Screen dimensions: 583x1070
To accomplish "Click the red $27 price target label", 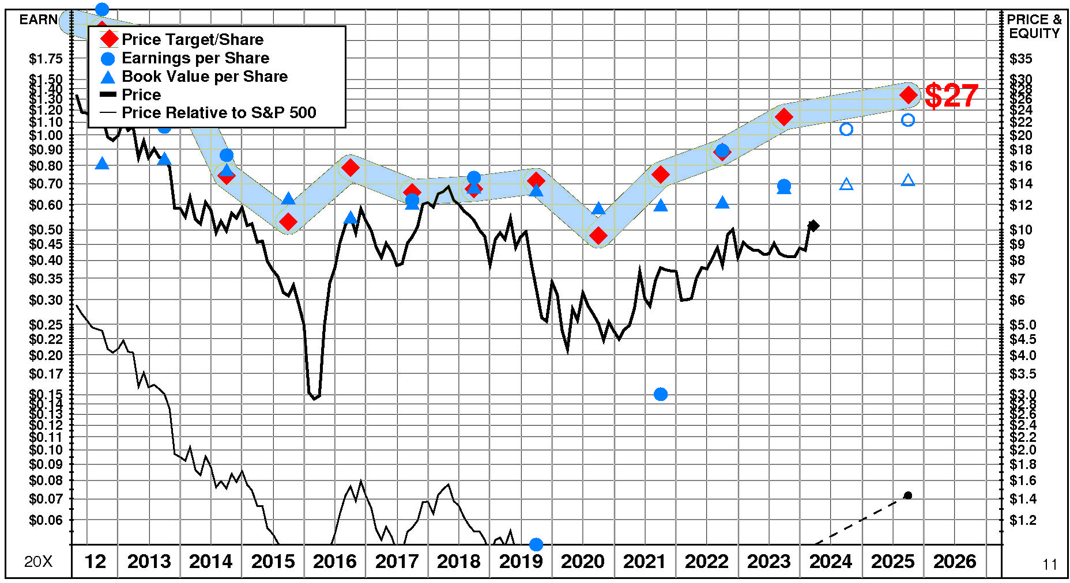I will point(951,96).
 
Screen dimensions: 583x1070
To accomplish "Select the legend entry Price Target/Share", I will point(192,39).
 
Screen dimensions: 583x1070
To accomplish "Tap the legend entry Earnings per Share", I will point(195,58).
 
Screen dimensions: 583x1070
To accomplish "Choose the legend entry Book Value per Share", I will point(204,77).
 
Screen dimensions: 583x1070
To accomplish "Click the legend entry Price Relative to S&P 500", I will point(218,113).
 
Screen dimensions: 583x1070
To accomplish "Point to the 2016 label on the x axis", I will point(334,561).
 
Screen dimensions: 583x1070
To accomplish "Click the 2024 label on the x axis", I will point(830,561).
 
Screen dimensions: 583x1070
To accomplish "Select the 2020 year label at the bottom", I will point(582,561).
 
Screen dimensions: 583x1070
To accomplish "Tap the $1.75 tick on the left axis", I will point(46,59).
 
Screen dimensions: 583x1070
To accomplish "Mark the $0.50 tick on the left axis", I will point(46,230).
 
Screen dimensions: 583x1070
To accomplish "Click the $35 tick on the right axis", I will point(1021,59).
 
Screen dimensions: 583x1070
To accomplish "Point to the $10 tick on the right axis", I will point(1021,230).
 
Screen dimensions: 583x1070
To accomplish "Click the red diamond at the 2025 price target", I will point(909,95).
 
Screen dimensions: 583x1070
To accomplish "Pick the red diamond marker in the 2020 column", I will point(598,236).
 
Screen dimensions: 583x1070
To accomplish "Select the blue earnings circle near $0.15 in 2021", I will point(661,394).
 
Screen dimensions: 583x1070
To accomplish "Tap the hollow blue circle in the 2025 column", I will point(908,120).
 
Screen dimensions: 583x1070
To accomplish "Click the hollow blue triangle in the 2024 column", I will point(846,184).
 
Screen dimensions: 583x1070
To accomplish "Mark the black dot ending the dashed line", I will point(908,495).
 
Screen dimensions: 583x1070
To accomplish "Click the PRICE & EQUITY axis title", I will point(1034,26).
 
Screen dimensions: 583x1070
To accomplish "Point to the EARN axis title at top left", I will point(38,20).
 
